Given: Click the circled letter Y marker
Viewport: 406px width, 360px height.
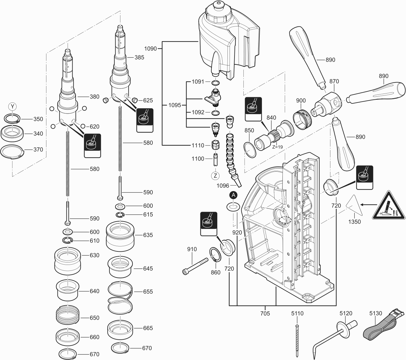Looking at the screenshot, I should coord(12,106).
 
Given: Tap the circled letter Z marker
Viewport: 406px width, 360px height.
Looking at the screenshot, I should coord(215,176).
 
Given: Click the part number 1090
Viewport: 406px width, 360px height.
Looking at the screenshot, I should coord(151,48).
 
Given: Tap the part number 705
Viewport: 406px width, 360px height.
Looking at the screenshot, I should coord(265,314).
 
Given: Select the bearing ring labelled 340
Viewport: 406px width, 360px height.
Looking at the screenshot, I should coord(13,133).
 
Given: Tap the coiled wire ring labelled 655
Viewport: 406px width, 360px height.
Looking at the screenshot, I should coord(120,297).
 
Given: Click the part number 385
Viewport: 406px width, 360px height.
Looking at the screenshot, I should coord(139,57).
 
